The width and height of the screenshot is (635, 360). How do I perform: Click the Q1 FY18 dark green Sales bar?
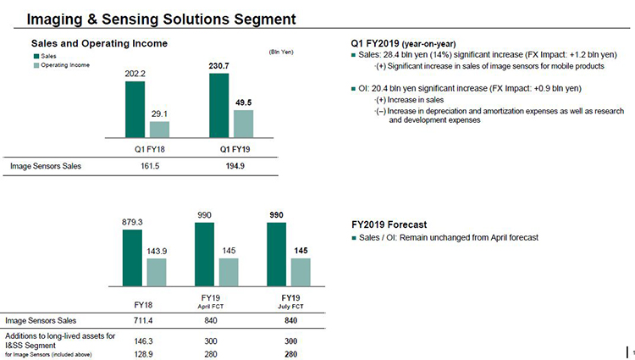click(135, 109)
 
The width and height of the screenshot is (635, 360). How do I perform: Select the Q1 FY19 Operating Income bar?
click(243, 124)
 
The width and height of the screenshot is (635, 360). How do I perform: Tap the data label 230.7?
click(218, 65)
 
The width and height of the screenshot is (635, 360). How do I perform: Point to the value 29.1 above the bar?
click(159, 114)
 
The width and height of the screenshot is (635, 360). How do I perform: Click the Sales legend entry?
click(45, 56)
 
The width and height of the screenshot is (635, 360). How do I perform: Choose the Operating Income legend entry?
click(62, 64)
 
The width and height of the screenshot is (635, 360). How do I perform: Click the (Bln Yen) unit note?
click(281, 52)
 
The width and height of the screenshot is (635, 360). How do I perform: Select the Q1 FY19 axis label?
click(235, 149)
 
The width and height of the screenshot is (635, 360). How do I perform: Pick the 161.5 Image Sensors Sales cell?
click(150, 166)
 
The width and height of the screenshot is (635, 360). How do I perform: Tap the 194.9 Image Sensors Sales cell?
click(235, 166)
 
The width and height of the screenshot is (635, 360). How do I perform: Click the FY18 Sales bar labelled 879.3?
click(132, 258)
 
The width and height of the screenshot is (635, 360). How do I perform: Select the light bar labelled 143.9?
click(157, 273)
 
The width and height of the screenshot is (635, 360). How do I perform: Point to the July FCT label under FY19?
click(290, 307)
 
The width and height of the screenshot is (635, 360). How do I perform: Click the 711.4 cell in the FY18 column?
click(143, 321)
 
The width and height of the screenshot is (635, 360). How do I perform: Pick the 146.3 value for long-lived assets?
click(143, 341)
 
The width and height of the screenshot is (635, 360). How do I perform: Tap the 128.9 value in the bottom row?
click(143, 354)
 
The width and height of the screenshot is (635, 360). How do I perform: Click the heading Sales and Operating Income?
click(99, 44)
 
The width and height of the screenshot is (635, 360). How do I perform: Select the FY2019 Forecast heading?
click(389, 224)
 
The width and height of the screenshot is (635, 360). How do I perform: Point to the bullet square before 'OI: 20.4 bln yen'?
click(354, 89)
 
